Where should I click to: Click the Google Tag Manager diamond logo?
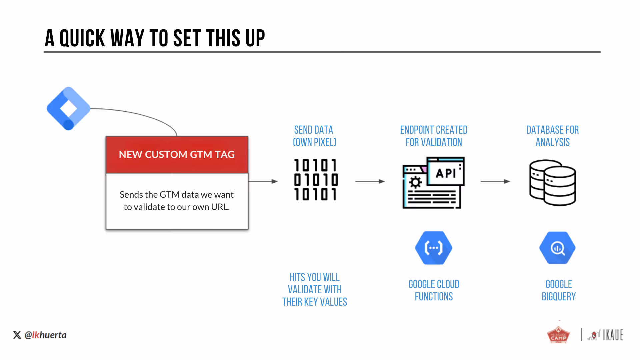click(69, 108)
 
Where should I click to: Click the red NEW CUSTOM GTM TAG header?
click(177, 155)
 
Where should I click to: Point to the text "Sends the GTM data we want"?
click(177, 194)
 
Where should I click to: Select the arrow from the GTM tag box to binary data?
click(263, 181)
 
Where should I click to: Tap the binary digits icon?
click(316, 180)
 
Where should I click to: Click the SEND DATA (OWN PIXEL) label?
click(314, 136)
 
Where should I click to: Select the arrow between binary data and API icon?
click(370, 181)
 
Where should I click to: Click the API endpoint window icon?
click(433, 183)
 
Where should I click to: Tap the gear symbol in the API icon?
click(415, 182)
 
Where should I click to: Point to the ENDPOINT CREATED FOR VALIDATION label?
click(434, 136)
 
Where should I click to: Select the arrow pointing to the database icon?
click(495, 181)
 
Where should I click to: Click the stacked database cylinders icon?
click(553, 183)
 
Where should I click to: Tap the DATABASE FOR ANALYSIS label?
click(553, 136)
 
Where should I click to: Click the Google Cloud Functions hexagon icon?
click(434, 248)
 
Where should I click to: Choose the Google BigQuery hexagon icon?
click(557, 248)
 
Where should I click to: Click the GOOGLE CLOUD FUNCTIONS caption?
click(434, 290)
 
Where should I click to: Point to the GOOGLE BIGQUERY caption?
click(559, 290)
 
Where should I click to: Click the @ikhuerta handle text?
click(46, 335)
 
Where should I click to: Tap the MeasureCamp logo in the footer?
click(559, 334)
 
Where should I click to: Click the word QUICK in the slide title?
click(82, 38)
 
